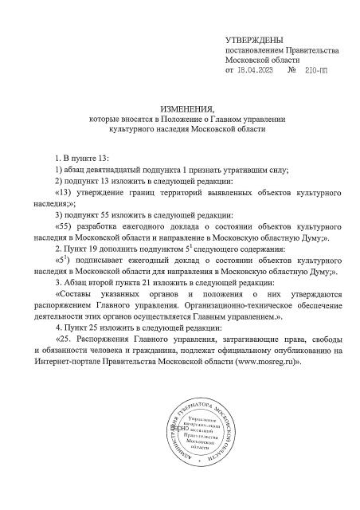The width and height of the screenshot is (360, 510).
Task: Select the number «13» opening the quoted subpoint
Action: pos(62,194)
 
